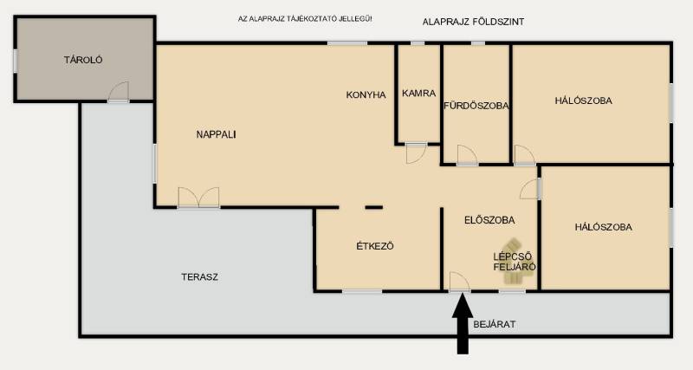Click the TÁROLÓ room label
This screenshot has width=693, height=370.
click(83, 60)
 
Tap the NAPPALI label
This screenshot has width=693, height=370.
click(216, 134)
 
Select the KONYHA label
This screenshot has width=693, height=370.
click(366, 94)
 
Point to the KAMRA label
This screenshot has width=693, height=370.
click(419, 94)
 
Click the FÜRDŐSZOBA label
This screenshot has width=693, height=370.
click(476, 106)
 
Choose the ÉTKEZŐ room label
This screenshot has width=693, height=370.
click(375, 246)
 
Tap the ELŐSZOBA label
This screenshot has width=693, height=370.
click(489, 220)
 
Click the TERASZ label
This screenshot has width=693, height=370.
click(200, 277)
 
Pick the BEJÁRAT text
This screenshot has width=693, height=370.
click(495, 324)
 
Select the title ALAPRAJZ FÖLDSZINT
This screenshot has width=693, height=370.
click(473, 22)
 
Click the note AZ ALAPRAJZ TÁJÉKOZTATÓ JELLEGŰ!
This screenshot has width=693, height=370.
click(305, 19)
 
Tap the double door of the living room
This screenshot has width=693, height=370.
click(198, 198)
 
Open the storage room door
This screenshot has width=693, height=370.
click(119, 92)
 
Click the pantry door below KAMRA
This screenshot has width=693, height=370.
click(416, 153)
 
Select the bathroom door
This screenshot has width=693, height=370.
click(467, 156)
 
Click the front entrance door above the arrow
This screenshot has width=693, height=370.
click(460, 282)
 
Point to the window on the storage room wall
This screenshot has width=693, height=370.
click(16, 61)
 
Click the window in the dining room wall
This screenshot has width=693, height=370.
click(362, 291)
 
